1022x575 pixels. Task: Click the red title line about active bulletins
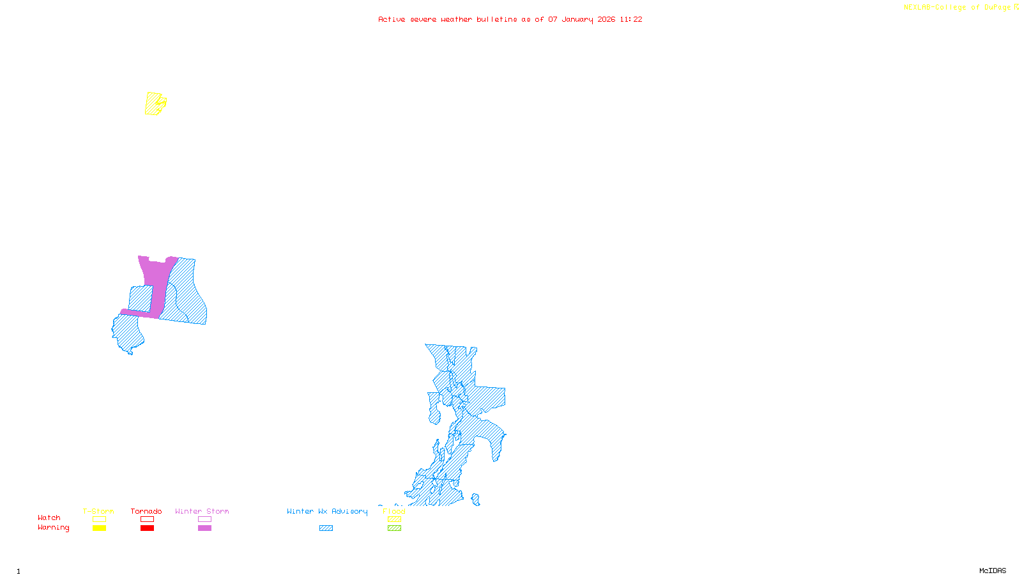click(510, 19)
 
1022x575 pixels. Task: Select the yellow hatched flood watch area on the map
click(153, 103)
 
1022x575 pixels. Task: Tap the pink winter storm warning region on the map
click(155, 275)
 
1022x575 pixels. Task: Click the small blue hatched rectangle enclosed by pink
click(141, 298)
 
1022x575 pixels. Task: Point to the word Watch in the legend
click(49, 518)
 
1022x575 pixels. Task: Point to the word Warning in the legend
click(53, 528)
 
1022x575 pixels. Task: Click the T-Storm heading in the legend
click(98, 511)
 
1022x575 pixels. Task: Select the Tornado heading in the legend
click(146, 511)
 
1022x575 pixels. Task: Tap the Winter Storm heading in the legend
click(202, 511)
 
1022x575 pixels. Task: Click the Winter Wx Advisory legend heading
click(327, 511)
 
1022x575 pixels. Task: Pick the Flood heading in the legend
click(394, 511)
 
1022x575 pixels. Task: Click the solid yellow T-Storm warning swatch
click(99, 528)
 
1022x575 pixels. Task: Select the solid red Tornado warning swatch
click(147, 528)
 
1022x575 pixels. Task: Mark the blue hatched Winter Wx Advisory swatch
click(326, 528)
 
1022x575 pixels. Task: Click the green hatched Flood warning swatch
click(395, 528)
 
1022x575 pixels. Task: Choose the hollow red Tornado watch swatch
click(147, 519)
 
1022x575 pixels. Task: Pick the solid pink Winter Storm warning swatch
click(204, 528)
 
